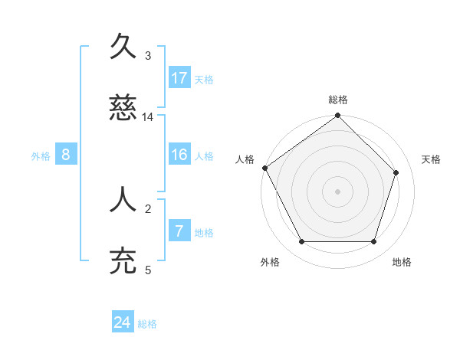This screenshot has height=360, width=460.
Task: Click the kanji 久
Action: (123, 47)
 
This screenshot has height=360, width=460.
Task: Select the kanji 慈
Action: (123, 110)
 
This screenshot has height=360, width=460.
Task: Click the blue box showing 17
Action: (179, 77)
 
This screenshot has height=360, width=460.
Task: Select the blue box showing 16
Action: (179, 155)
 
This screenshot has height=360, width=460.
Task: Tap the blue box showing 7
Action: (179, 231)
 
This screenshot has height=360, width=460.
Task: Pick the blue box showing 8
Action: (66, 155)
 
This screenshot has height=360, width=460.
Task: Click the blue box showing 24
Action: (123, 322)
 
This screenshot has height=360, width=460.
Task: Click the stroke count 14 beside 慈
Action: (148, 117)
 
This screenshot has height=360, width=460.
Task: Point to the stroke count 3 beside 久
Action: (148, 56)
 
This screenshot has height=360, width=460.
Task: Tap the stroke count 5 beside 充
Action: (148, 270)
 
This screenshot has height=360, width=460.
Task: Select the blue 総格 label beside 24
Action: (147, 324)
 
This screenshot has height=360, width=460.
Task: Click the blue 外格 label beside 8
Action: (41, 156)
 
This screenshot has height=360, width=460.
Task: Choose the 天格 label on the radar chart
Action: (431, 159)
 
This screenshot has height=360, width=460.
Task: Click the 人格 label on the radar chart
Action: (245, 159)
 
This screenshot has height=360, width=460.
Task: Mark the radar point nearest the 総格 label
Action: (337, 116)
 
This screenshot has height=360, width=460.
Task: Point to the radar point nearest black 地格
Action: (373, 242)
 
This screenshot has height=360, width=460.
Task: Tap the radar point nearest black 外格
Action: (301, 242)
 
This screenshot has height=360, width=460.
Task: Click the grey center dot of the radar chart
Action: (337, 191)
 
